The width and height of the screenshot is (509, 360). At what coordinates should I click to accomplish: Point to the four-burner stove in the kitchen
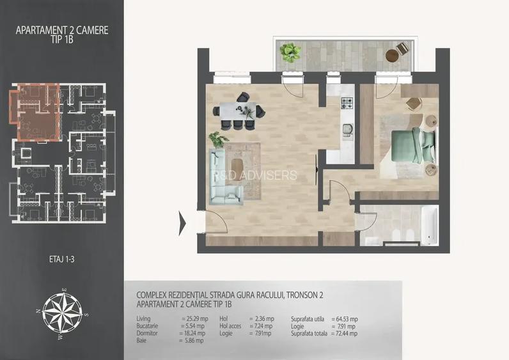[x=347, y=102]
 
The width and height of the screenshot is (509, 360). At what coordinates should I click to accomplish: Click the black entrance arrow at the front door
[x=182, y=223]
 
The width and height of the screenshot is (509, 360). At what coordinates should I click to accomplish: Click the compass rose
[x=61, y=314]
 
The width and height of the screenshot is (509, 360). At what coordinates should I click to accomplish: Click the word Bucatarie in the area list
[x=150, y=326]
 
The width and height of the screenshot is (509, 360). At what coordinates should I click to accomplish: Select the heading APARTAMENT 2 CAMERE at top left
[x=61, y=29]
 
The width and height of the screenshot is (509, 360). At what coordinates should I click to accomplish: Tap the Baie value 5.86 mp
[x=192, y=341]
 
